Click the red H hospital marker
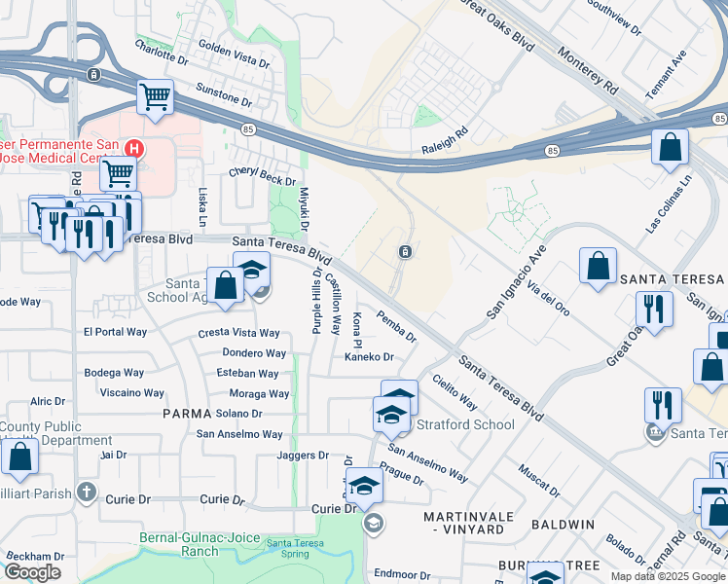tap(135, 149)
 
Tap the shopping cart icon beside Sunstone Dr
tap(154, 97)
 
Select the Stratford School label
tap(465, 424)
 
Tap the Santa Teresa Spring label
tap(294, 548)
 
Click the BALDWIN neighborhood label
tap(563, 525)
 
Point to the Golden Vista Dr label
tap(234, 54)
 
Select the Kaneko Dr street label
tap(368, 358)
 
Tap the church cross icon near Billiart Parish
tap(87, 493)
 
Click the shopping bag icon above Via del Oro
tap(598, 265)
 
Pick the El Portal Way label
tap(115, 332)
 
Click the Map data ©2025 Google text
tap(668, 576)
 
